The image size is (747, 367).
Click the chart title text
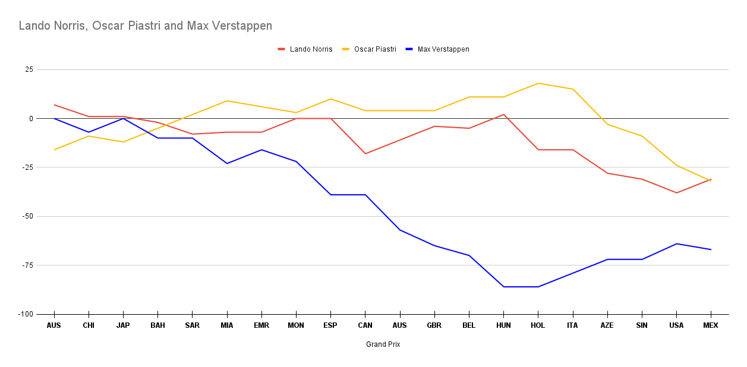tap(146, 26)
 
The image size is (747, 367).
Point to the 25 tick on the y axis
tap(29, 69)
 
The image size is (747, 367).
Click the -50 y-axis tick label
tap(27, 216)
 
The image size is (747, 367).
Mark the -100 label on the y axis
tap(25, 314)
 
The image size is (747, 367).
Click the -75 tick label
tap(27, 265)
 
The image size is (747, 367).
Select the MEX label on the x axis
tap(711, 325)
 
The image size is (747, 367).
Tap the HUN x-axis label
tap(503, 325)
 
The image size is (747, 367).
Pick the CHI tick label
tap(89, 325)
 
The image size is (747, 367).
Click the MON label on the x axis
tap(296, 325)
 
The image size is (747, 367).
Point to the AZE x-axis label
tap(607, 325)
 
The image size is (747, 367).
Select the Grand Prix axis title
tap(383, 344)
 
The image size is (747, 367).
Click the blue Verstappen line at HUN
tap(503, 287)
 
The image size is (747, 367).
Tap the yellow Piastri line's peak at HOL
tap(538, 83)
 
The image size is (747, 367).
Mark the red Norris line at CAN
tap(365, 154)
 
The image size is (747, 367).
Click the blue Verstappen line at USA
tap(676, 243)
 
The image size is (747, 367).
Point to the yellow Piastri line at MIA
tap(227, 101)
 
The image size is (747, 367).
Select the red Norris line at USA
tap(676, 193)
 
